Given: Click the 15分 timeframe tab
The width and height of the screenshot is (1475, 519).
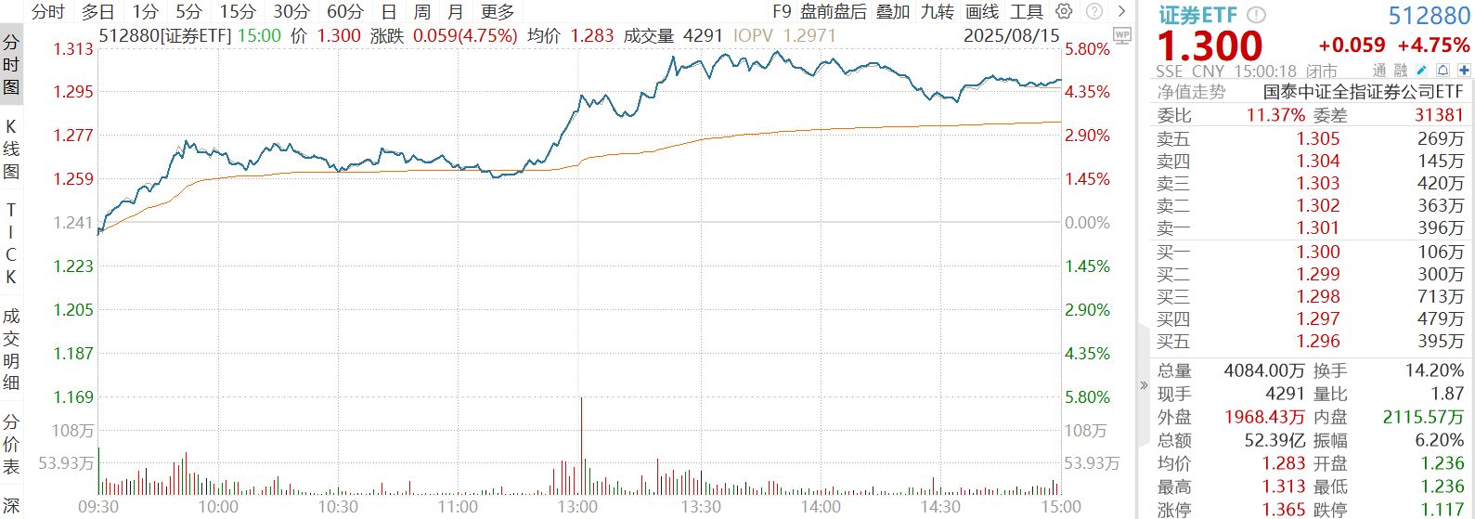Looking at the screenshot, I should click(x=237, y=12).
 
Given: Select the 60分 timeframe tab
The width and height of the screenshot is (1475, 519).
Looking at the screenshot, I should click(x=344, y=12).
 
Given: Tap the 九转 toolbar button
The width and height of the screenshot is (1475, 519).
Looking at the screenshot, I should click(x=937, y=12).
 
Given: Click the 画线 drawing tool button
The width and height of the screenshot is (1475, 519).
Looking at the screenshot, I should click(x=982, y=12).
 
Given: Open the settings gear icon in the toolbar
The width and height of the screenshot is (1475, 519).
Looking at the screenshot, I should click(x=1065, y=12).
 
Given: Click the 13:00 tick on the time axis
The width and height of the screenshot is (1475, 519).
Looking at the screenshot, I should click(x=578, y=507).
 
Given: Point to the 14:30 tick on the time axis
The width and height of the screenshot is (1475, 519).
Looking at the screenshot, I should click(x=940, y=507).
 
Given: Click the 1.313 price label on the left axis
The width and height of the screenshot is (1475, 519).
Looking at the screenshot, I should click(x=72, y=48).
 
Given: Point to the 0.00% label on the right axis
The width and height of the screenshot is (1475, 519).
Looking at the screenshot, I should click(x=1087, y=223).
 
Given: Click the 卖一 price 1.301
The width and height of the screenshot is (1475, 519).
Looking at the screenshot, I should click(x=1318, y=227).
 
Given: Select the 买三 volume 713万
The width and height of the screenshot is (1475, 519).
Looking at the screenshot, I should click(x=1441, y=297).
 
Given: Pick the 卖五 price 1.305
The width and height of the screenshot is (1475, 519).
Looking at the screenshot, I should click(x=1318, y=139).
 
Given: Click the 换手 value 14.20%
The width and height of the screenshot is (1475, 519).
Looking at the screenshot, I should click(x=1434, y=370).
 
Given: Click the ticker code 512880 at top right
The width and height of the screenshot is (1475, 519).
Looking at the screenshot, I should click(x=1430, y=16).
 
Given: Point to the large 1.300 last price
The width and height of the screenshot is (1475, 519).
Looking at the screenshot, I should click(x=1210, y=45).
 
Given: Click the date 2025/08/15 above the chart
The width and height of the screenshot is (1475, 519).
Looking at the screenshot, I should click(x=1011, y=35).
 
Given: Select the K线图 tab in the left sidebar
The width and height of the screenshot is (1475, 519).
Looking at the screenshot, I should click(x=11, y=149).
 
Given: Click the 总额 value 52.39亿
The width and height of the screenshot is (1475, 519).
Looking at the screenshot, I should click(x=1275, y=440).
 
